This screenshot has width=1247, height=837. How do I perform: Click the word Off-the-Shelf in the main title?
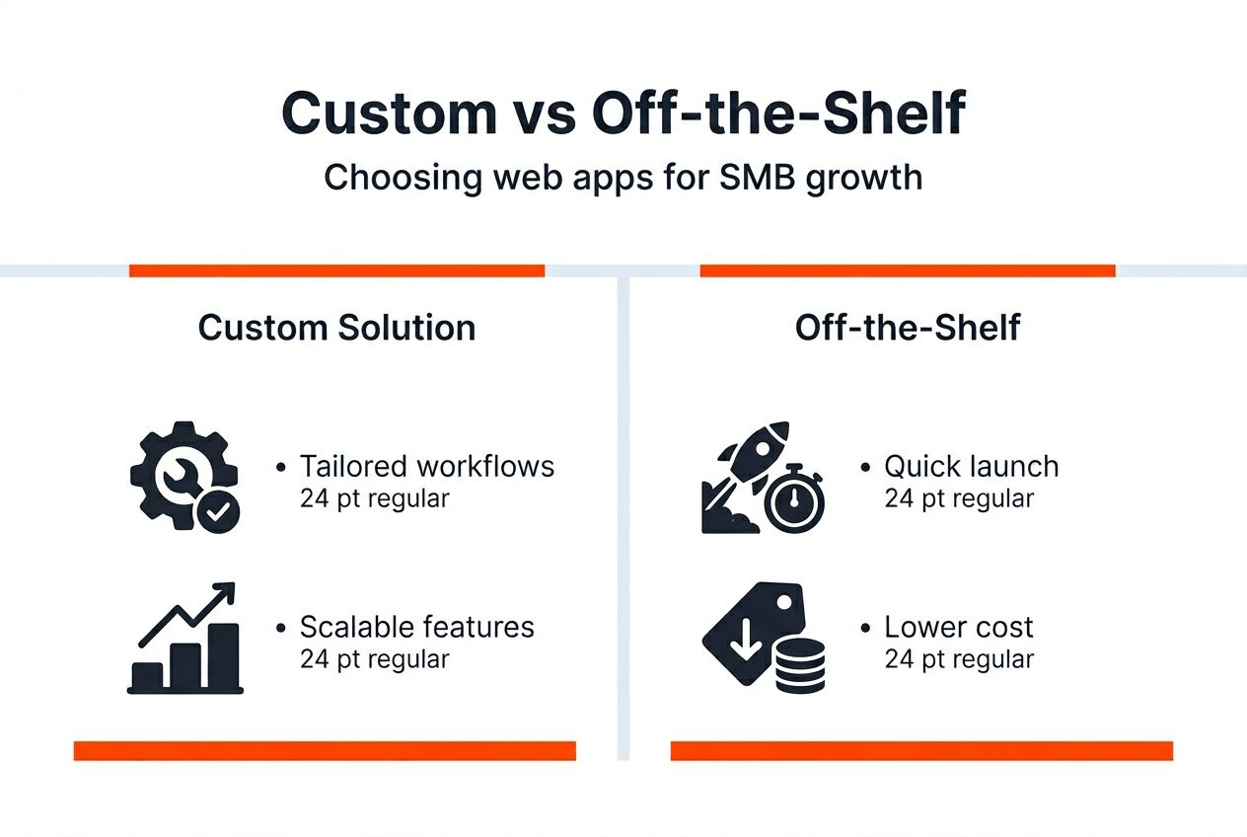point(777,115)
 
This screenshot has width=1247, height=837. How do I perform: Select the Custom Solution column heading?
point(336,328)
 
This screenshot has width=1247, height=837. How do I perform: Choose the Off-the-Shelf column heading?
point(908,328)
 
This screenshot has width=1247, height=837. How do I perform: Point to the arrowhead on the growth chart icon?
point(226,592)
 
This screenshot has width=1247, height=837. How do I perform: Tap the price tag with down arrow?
point(742,632)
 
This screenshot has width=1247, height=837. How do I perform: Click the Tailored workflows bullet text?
point(426,466)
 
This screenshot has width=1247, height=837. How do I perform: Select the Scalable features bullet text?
point(416,627)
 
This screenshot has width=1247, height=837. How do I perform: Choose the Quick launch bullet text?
point(971,466)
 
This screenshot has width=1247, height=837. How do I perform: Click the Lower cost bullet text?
point(958,627)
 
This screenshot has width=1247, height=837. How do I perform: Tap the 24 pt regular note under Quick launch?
point(959,498)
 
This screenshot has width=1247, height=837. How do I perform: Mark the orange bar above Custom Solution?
point(336,270)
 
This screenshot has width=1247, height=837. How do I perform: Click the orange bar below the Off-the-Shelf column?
point(921,751)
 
